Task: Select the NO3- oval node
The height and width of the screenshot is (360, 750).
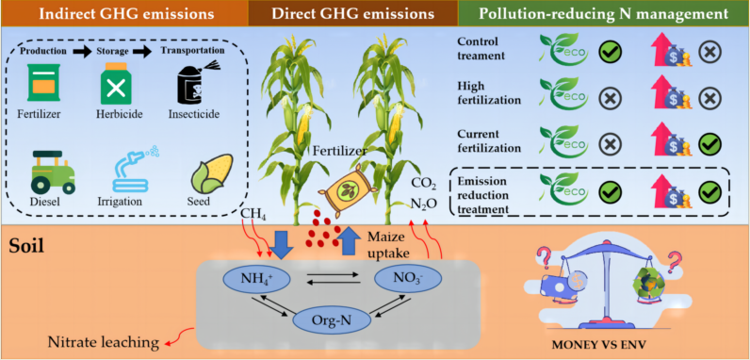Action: pyautogui.click(x=409, y=280)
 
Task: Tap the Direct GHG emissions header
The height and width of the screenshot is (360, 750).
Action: pyautogui.click(x=348, y=13)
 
